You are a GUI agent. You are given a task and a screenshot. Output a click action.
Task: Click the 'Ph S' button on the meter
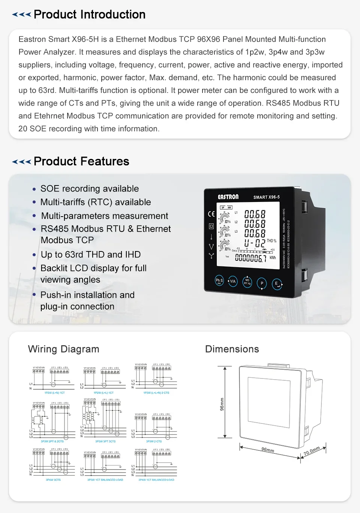click(x=219, y=280)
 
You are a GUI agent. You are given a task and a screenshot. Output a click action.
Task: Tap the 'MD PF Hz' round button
click(x=247, y=282)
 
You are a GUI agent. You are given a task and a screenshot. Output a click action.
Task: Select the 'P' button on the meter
click(x=262, y=283)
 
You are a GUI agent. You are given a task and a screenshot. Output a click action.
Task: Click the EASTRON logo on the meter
click(x=228, y=197)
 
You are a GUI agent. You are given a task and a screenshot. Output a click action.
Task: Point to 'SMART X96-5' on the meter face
click(x=266, y=197)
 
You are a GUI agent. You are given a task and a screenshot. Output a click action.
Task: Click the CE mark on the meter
click(x=211, y=214)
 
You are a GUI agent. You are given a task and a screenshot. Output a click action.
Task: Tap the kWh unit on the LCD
click(x=273, y=258)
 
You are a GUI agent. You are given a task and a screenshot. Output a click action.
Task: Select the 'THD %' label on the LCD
click(x=271, y=241)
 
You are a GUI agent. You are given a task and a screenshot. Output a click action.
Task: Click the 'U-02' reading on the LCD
click(x=255, y=243)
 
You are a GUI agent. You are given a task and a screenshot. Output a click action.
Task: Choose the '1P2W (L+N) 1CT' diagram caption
click(x=55, y=393)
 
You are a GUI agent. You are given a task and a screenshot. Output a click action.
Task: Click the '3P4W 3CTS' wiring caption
click(x=53, y=480)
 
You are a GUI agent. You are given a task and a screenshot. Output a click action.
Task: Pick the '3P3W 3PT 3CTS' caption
click(x=105, y=441)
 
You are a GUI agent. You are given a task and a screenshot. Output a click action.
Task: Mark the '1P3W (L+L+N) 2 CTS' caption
click(x=156, y=393)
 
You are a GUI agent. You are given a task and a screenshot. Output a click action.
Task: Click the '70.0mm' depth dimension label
click(x=312, y=451)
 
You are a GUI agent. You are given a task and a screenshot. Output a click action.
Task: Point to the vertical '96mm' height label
click(x=222, y=404)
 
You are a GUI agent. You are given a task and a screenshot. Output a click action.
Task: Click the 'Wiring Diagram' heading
click(x=63, y=349)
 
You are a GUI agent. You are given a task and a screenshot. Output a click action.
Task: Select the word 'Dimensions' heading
click(x=232, y=349)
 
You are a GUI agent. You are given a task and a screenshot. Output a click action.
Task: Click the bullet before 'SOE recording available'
click(x=34, y=189)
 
